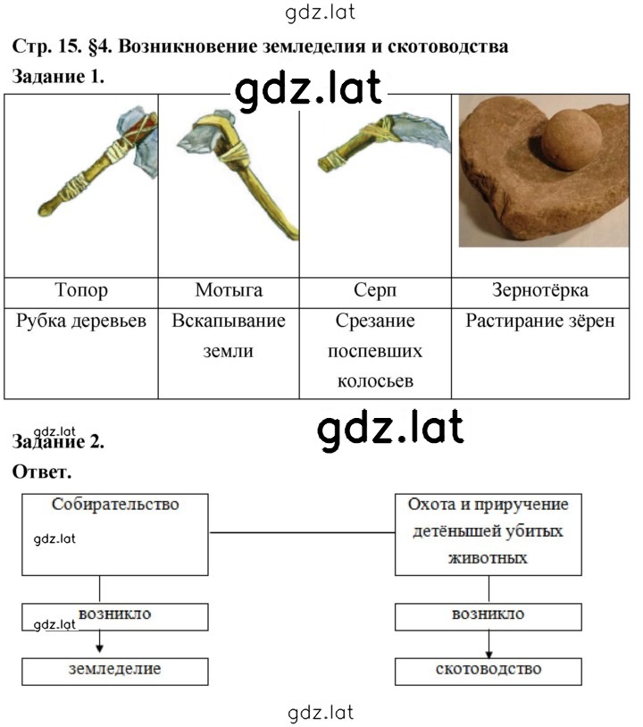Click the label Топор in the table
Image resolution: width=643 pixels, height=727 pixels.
(x=81, y=290)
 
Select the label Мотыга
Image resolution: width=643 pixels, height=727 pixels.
(x=229, y=290)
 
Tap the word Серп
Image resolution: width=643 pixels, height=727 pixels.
(x=375, y=290)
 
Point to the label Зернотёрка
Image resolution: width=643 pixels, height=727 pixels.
(x=540, y=290)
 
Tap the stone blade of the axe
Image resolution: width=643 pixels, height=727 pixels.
(x=139, y=139)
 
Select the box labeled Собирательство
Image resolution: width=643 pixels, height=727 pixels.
(x=115, y=535)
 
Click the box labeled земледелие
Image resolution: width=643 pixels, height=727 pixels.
(x=115, y=672)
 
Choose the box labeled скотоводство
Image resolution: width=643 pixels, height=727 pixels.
(x=489, y=672)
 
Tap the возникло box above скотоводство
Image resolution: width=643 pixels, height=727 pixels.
(x=489, y=617)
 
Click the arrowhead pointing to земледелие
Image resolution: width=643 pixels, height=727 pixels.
(x=99, y=648)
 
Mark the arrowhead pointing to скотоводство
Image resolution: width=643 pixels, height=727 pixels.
(x=489, y=654)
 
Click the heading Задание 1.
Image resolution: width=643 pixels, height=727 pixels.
(x=58, y=77)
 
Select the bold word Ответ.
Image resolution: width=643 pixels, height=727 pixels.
(x=42, y=472)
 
